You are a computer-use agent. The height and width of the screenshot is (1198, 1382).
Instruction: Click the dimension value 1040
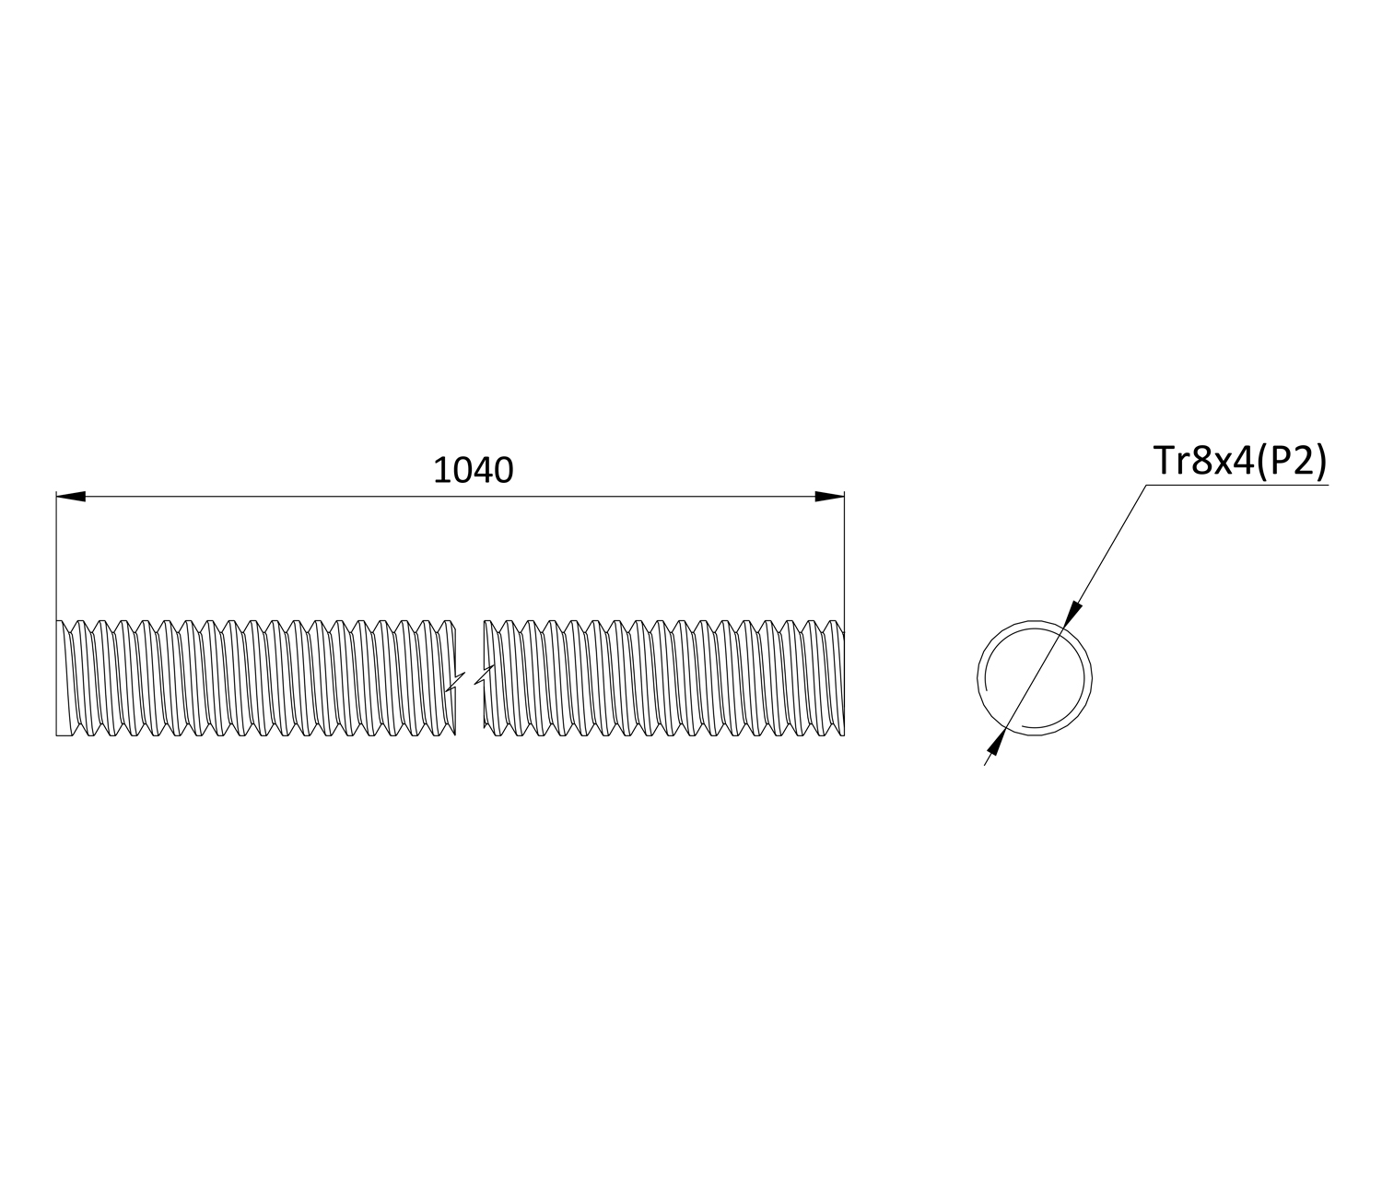coord(474,470)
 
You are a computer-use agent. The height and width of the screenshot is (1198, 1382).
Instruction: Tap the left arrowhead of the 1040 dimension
coord(71,497)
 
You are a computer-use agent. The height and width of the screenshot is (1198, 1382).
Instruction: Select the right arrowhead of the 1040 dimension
coord(830,497)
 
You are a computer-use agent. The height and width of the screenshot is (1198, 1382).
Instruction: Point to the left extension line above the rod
coord(56,555)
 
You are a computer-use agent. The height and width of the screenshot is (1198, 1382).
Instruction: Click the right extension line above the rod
coord(845,560)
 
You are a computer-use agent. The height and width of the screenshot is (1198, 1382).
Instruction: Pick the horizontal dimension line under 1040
coord(450,497)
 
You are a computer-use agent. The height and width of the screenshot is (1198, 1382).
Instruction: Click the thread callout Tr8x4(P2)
coord(1240,461)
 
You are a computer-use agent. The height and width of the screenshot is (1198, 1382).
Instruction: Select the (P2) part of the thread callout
coord(1291,462)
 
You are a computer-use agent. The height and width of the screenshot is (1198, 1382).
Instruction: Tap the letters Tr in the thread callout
coord(1171,460)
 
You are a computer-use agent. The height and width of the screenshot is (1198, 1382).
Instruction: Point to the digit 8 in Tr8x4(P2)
coord(1201,461)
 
